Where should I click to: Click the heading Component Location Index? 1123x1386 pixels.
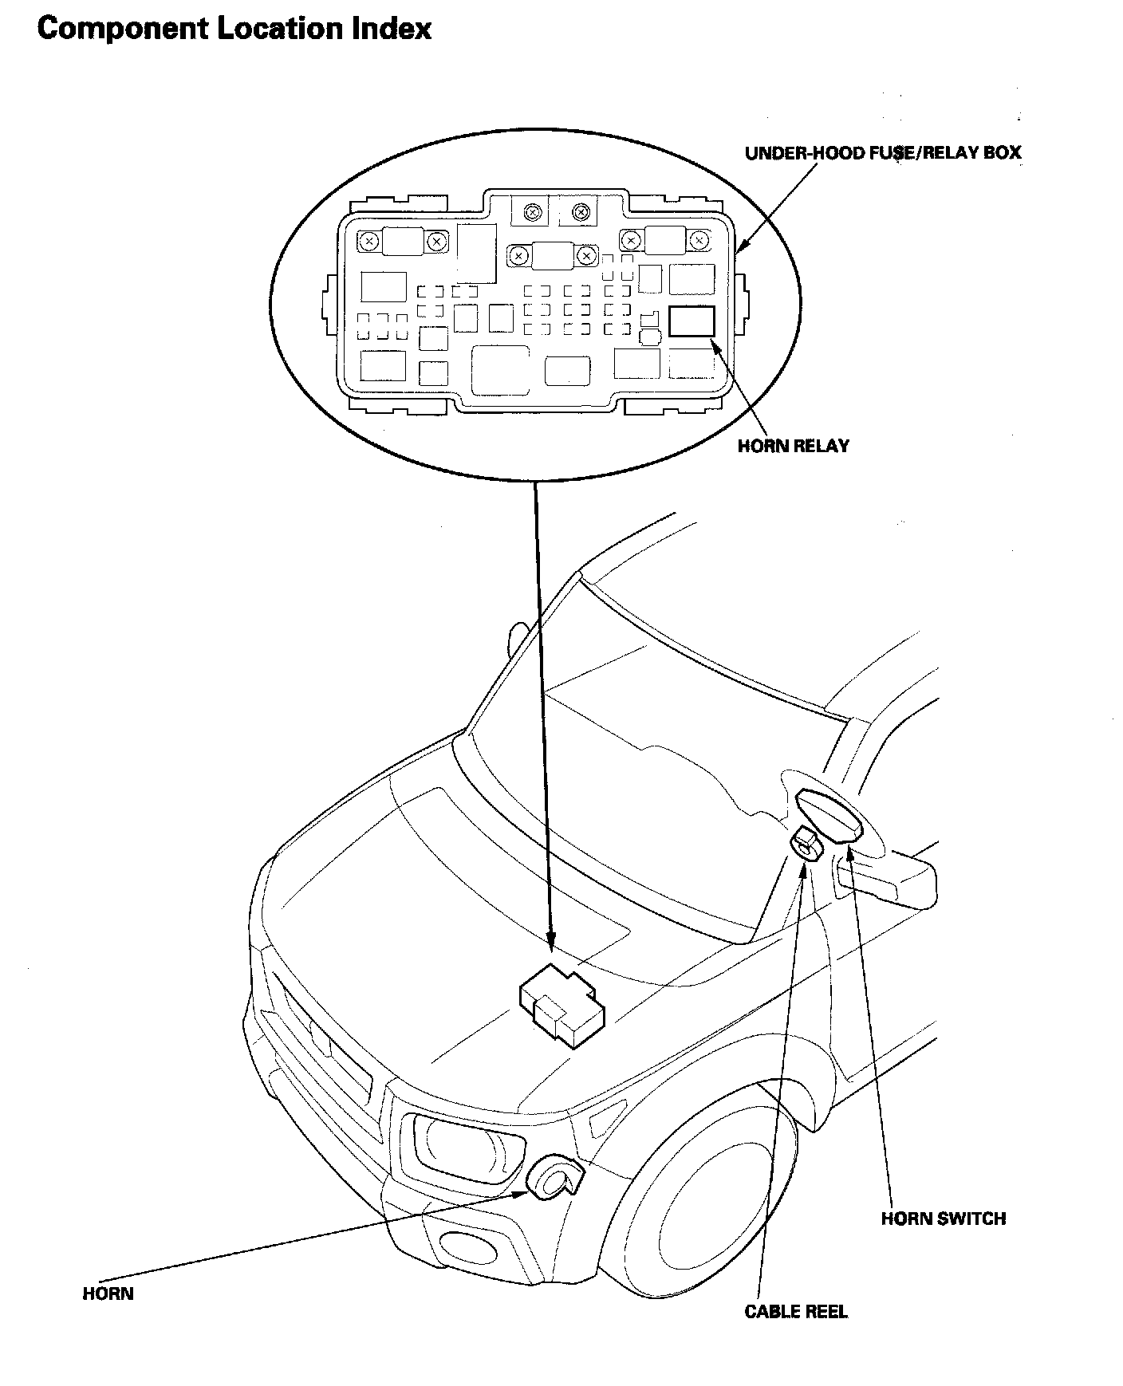coord(234,30)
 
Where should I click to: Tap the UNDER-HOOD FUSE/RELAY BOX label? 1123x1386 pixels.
coord(882,153)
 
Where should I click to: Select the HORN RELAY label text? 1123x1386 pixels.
coord(793,446)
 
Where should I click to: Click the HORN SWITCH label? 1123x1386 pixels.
coord(943,1219)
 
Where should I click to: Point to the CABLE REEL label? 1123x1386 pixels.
coord(795,1312)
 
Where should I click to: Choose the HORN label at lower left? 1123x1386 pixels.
coord(108,1293)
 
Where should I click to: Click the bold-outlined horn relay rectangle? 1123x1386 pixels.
coord(692,321)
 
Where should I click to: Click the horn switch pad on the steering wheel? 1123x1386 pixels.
coord(829,813)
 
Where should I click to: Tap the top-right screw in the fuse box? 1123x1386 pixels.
coord(699,239)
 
